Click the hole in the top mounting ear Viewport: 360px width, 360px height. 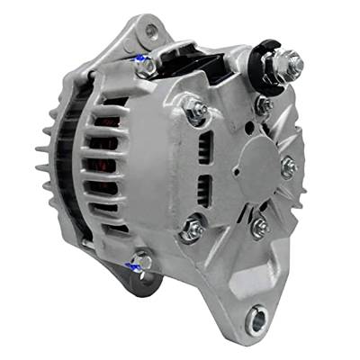(148, 31)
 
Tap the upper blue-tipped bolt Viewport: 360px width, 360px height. (140, 61)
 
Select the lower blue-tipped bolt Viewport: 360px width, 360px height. (138, 262)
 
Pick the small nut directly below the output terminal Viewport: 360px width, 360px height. (264, 105)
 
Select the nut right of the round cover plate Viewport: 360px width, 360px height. (288, 167)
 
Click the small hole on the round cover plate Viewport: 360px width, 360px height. (235, 169)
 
